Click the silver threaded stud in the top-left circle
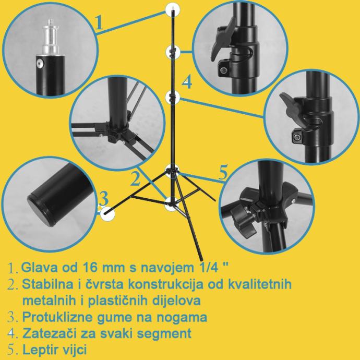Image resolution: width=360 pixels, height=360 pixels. coord(51,37)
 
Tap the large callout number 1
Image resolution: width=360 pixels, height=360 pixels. coord(99,23)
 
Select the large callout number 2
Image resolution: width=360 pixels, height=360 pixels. coord(136,178)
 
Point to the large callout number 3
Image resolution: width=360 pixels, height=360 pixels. coord(104,198)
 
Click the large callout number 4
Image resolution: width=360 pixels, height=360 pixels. coord(187,82)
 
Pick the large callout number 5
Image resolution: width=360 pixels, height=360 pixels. coord(223,172)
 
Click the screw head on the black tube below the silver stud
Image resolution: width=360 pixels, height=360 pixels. coord(40,63)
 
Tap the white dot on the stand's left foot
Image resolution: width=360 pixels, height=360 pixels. coord(107,213)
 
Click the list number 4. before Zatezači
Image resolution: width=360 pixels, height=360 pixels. coord(13,334)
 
